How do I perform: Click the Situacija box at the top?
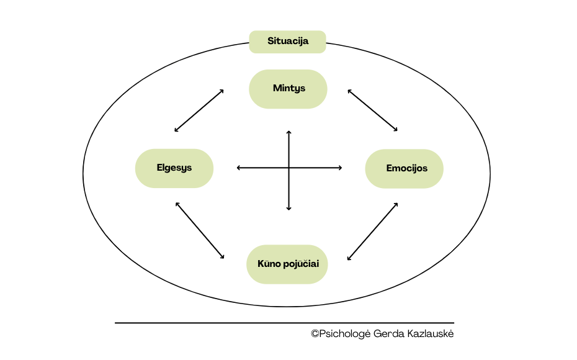[287, 42]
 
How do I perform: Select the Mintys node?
[288, 89]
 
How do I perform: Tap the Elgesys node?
[174, 168]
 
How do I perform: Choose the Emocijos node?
[405, 168]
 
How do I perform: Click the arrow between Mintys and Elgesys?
[199, 110]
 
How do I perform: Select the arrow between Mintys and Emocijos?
[372, 110]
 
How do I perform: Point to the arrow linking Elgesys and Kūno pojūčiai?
[200, 230]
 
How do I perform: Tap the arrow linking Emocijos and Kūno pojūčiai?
[372, 231]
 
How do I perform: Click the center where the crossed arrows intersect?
[288, 168]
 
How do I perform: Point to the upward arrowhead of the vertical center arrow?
[288, 132]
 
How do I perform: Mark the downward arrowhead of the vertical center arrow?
[288, 209]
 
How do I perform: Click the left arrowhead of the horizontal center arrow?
[239, 168]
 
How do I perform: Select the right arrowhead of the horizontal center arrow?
[340, 168]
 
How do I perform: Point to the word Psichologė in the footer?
[344, 335]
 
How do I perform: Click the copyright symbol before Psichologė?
[315, 334]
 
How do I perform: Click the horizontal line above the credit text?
[284, 323]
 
